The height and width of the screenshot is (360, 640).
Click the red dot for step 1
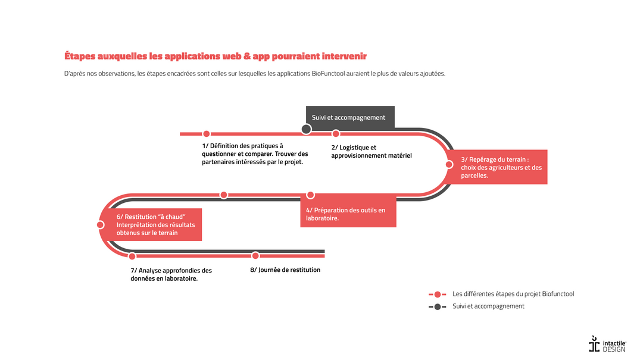(206, 134)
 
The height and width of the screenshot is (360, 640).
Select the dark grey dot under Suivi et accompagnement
(306, 129)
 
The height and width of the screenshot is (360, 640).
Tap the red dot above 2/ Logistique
(336, 134)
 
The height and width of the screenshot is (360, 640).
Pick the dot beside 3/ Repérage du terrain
(449, 164)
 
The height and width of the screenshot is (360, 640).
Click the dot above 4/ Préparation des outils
(310, 195)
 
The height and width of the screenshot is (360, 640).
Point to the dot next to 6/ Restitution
(101, 224)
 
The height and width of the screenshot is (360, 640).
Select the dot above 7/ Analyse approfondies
(132, 256)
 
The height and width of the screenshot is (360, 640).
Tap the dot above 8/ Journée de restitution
(255, 256)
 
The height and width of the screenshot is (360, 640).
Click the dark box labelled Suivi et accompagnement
(349, 117)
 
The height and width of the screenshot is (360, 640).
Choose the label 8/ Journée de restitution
(285, 270)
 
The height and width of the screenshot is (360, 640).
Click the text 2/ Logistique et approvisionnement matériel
(371, 152)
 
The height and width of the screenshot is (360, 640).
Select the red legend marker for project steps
(438, 295)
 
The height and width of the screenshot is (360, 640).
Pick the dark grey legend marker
(438, 307)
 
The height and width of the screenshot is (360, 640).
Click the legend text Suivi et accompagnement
(488, 306)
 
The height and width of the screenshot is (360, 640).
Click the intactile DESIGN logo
(607, 345)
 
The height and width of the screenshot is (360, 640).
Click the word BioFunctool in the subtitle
(330, 74)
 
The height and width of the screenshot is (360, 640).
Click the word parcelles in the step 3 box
(474, 176)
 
